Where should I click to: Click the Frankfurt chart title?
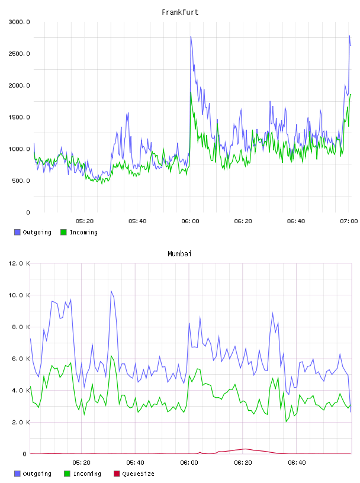click(x=180, y=12)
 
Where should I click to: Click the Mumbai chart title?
click(x=179, y=254)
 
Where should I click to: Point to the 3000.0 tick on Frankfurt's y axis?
click(x=19, y=22)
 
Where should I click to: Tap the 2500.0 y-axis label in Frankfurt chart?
click(x=19, y=54)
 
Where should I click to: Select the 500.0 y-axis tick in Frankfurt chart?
click(x=21, y=181)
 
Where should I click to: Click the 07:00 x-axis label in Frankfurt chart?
click(x=349, y=221)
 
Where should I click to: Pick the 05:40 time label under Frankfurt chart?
click(x=137, y=221)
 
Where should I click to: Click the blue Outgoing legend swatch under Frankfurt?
click(x=17, y=232)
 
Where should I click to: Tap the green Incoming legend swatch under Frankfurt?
click(x=63, y=232)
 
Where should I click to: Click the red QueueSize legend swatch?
click(x=117, y=474)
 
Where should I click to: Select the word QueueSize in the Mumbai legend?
click(x=139, y=474)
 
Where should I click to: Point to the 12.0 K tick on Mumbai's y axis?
click(x=19, y=263)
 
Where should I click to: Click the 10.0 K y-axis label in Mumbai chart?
click(x=19, y=295)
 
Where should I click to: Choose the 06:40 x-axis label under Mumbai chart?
click(x=297, y=463)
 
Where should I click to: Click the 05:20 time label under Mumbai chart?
click(x=81, y=463)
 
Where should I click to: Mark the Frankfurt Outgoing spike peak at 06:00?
click(x=191, y=36)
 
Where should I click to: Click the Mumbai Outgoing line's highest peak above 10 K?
click(x=111, y=291)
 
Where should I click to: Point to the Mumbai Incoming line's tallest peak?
click(x=111, y=356)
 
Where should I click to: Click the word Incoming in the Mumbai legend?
click(x=87, y=474)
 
